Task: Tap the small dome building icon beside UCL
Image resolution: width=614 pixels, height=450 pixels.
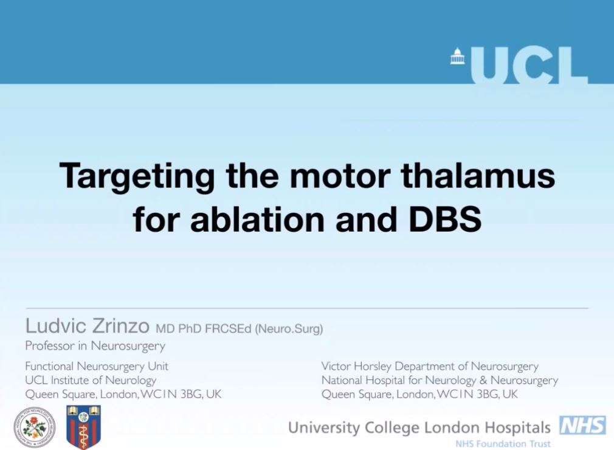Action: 456,57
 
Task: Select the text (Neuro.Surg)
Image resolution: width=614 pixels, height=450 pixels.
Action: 289,330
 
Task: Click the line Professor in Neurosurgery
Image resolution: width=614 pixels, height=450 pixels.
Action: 95,347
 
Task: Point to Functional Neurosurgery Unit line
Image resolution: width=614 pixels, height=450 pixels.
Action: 97,366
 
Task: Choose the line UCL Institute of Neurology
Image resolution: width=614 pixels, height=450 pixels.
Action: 91,380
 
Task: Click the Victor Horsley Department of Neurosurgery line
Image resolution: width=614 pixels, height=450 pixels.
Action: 430,366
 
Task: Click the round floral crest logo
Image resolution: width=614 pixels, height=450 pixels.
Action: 34,427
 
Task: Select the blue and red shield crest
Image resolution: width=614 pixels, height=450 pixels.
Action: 83,427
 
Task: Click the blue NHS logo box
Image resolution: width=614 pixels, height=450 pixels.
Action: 582,426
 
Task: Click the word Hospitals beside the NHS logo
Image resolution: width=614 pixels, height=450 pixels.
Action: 522,427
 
